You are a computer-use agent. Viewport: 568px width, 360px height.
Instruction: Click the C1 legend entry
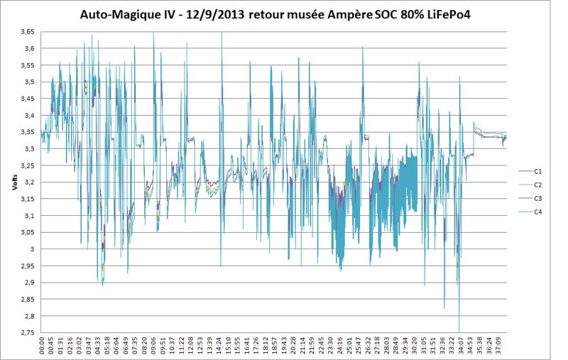point(538,171)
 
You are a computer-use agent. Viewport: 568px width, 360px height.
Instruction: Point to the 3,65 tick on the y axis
point(28,32)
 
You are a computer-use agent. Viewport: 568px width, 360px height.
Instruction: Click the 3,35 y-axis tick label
point(28,132)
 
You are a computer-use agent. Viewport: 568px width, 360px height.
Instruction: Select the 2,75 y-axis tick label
point(28,332)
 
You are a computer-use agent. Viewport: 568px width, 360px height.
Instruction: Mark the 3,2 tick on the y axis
point(30,182)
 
